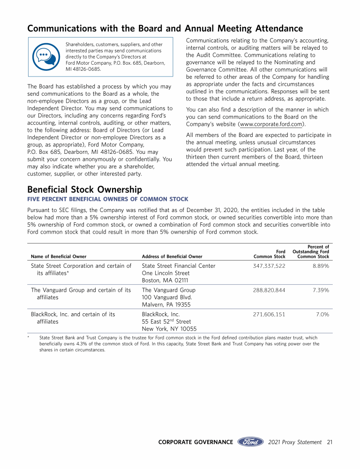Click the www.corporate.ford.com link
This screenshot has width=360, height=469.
pos(270,124)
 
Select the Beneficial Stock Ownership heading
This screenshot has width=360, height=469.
pos(85,189)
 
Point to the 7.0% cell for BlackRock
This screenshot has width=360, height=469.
pos(322,315)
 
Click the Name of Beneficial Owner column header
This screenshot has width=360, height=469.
pos(59,257)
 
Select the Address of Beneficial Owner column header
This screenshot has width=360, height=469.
pos(172,257)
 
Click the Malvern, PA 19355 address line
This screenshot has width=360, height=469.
pos(166,305)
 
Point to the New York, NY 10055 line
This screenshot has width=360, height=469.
pos(169,329)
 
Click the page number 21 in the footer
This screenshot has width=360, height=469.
pos(330,442)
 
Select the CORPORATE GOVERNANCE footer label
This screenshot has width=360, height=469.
pos(195,442)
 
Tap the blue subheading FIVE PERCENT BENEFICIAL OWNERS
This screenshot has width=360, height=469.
pos(108,199)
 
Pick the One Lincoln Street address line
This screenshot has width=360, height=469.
pos(165,273)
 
